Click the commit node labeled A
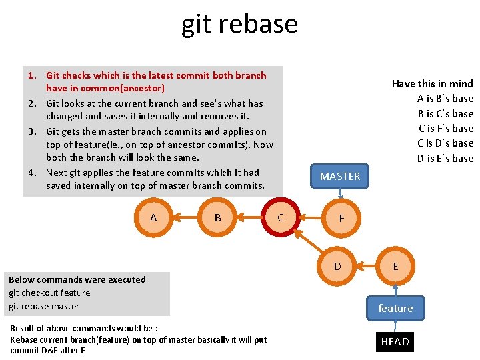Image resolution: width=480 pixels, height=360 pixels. [154, 217]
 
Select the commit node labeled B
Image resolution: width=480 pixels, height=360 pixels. [218, 217]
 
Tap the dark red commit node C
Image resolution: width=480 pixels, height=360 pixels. [280, 217]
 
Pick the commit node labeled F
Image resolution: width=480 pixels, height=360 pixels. [341, 218]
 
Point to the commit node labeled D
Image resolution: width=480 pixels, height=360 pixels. [337, 266]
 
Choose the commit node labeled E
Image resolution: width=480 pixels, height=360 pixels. [395, 266]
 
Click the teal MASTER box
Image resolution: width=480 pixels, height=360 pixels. [340, 176]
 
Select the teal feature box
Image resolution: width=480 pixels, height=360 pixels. [395, 308]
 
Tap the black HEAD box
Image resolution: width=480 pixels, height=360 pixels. [395, 342]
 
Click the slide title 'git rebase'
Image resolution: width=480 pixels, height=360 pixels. [239, 24]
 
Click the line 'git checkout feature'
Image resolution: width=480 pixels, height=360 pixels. [49, 293]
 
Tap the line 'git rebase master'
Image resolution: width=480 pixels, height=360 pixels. [44, 306]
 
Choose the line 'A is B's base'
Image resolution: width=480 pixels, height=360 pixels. [445, 99]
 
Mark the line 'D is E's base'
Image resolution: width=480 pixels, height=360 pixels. [445, 158]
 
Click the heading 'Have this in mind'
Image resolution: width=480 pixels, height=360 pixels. [432, 84]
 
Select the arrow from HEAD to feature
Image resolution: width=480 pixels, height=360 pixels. [395, 325]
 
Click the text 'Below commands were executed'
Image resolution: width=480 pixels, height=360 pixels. [77, 279]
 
